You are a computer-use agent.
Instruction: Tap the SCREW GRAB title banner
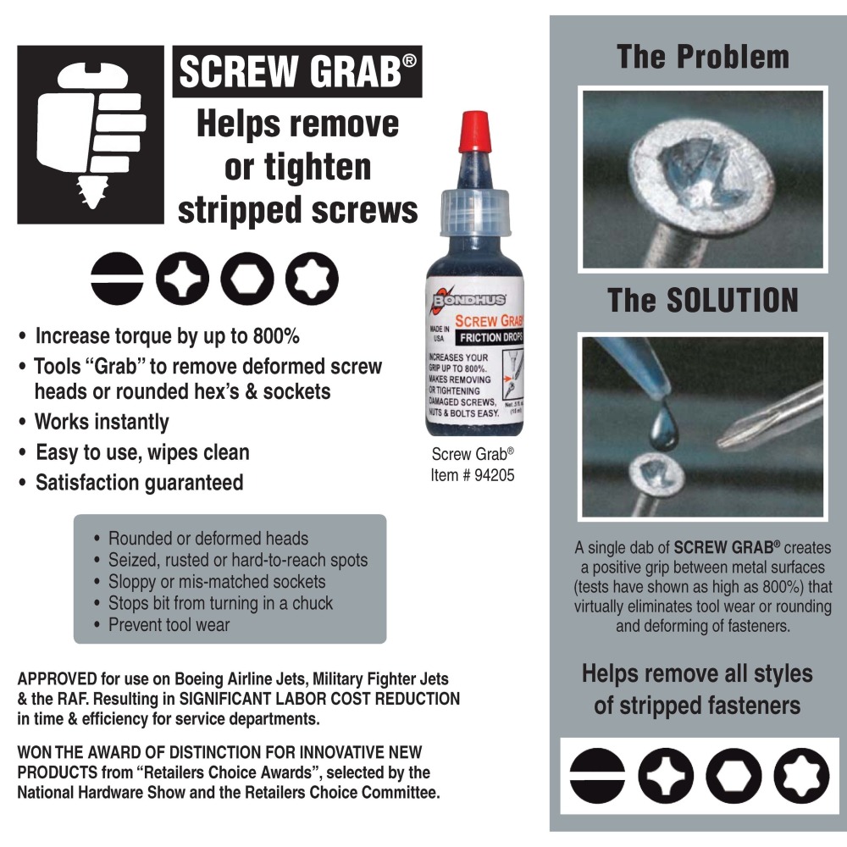point(297,73)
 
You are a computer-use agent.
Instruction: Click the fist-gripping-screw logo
point(91,134)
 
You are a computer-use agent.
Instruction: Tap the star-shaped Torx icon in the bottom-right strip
point(800,776)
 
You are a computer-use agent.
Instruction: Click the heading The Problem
point(702,57)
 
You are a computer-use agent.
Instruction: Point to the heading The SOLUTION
point(702,301)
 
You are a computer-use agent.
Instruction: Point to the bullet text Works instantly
point(102,422)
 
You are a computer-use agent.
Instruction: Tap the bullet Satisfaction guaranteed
point(139,483)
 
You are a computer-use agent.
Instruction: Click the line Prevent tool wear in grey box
point(169,625)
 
